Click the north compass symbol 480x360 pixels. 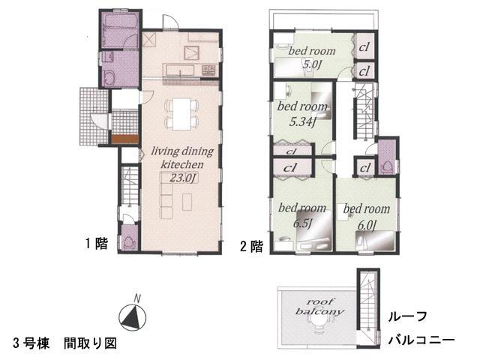click(x=132, y=315)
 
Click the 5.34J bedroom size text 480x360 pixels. click(x=296, y=118)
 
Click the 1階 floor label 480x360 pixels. click(x=96, y=243)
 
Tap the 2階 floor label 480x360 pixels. click(x=250, y=245)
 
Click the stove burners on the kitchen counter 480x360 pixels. click(x=207, y=71)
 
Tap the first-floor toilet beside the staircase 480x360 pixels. click(x=128, y=241)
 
